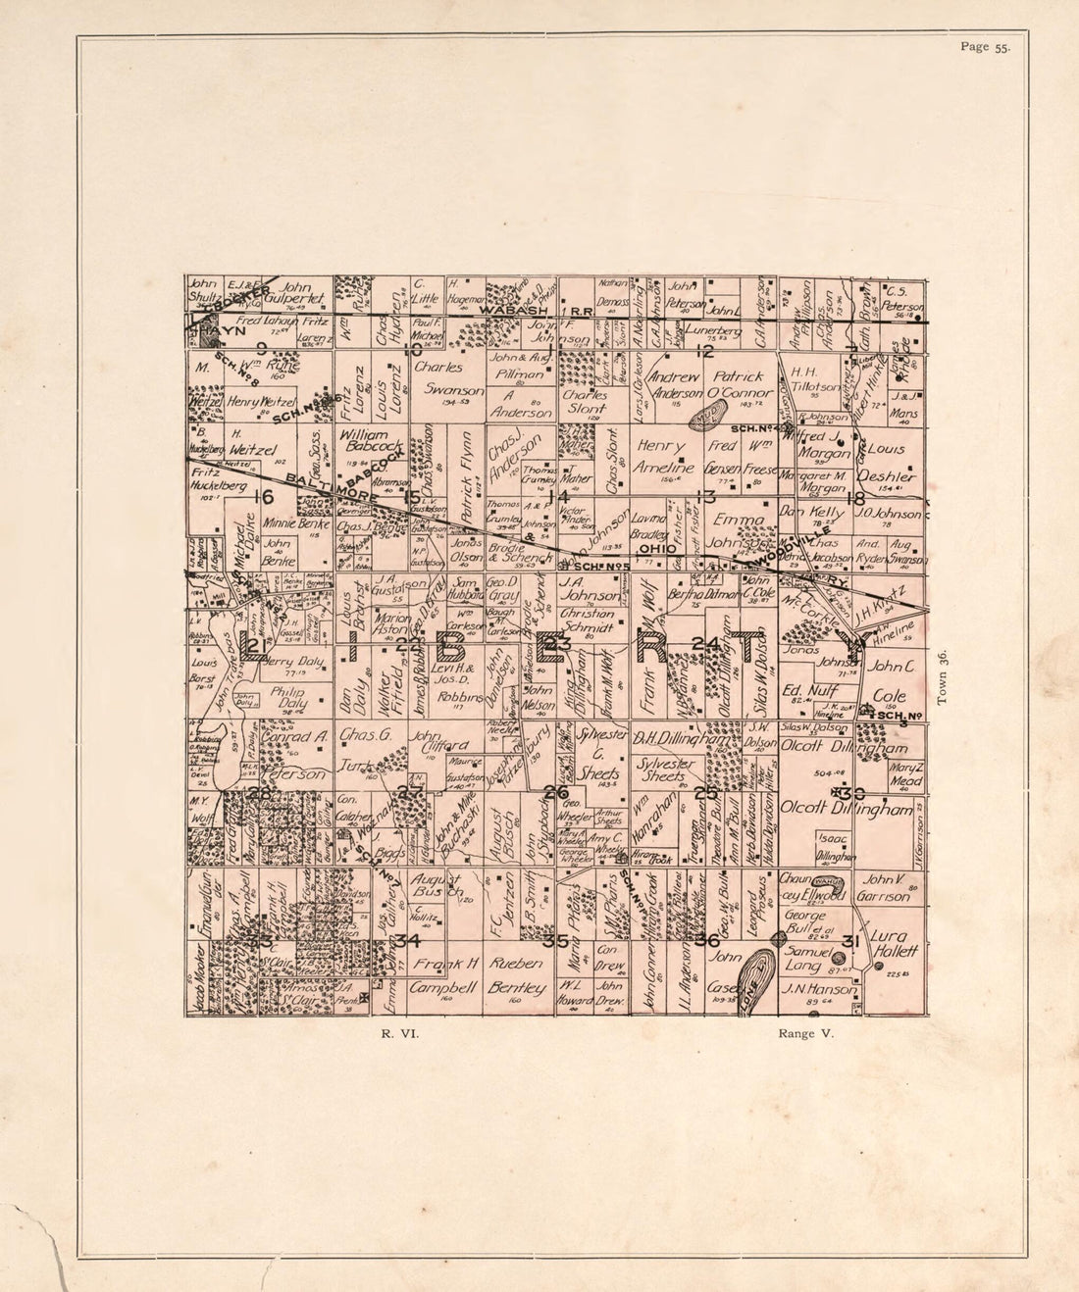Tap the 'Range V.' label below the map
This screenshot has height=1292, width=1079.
(804, 1032)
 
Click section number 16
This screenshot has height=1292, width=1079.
(262, 496)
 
